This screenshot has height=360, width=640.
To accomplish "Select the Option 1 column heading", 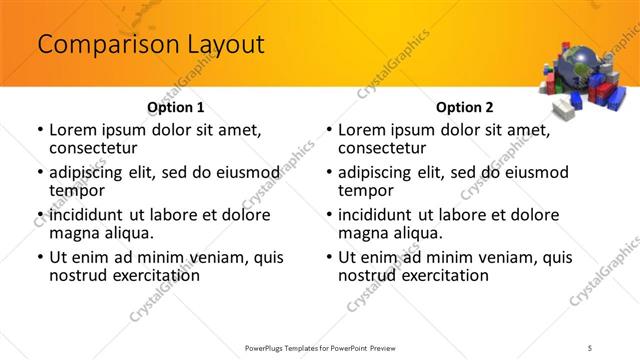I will [x=176, y=106].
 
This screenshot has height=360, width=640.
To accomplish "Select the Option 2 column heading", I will [x=465, y=106].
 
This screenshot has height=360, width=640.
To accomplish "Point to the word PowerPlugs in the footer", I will [x=268, y=347].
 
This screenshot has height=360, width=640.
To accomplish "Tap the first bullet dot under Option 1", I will [x=39, y=130].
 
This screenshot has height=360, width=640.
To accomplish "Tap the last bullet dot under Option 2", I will [x=328, y=257].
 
